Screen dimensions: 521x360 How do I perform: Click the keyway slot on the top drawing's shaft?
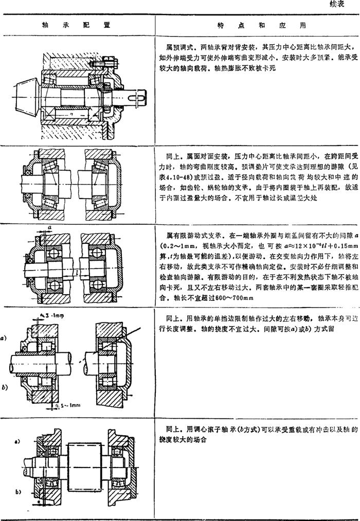click(138, 96)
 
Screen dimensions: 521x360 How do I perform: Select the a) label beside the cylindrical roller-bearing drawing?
click(4, 338)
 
